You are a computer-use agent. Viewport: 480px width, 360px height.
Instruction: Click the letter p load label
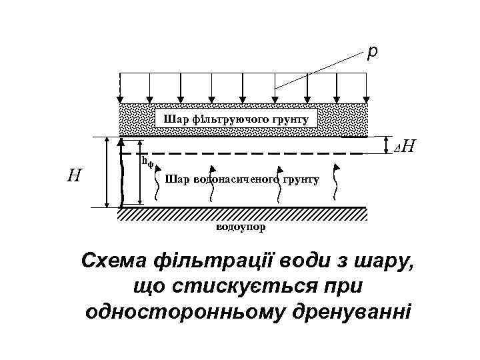pos(372,51)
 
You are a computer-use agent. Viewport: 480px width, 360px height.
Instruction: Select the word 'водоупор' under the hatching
pos(240,227)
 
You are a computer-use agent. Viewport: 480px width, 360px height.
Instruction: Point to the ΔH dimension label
pos(405,146)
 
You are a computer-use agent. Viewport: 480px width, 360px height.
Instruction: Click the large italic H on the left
pos(75,175)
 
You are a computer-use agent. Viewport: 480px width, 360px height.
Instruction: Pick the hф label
pos(145,161)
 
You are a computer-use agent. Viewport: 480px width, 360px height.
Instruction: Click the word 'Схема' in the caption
pos(112,260)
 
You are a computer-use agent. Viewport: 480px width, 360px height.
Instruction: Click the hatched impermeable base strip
pos(242,213)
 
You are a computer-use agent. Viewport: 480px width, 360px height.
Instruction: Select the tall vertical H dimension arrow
pos(108,172)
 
